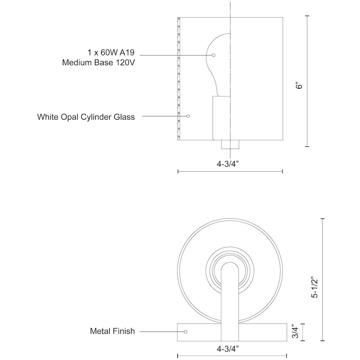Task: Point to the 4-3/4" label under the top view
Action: coord(228,349)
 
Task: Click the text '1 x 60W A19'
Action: coord(111,53)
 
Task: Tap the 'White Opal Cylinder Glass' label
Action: coord(86,117)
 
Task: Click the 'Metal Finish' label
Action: coord(112,331)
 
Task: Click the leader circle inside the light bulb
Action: coord(214,55)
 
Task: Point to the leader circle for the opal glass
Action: coord(188,116)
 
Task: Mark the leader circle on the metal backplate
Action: coord(186,332)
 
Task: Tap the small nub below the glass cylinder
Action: coord(230,145)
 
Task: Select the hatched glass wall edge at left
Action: coord(178,79)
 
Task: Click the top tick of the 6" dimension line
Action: coord(307,16)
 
